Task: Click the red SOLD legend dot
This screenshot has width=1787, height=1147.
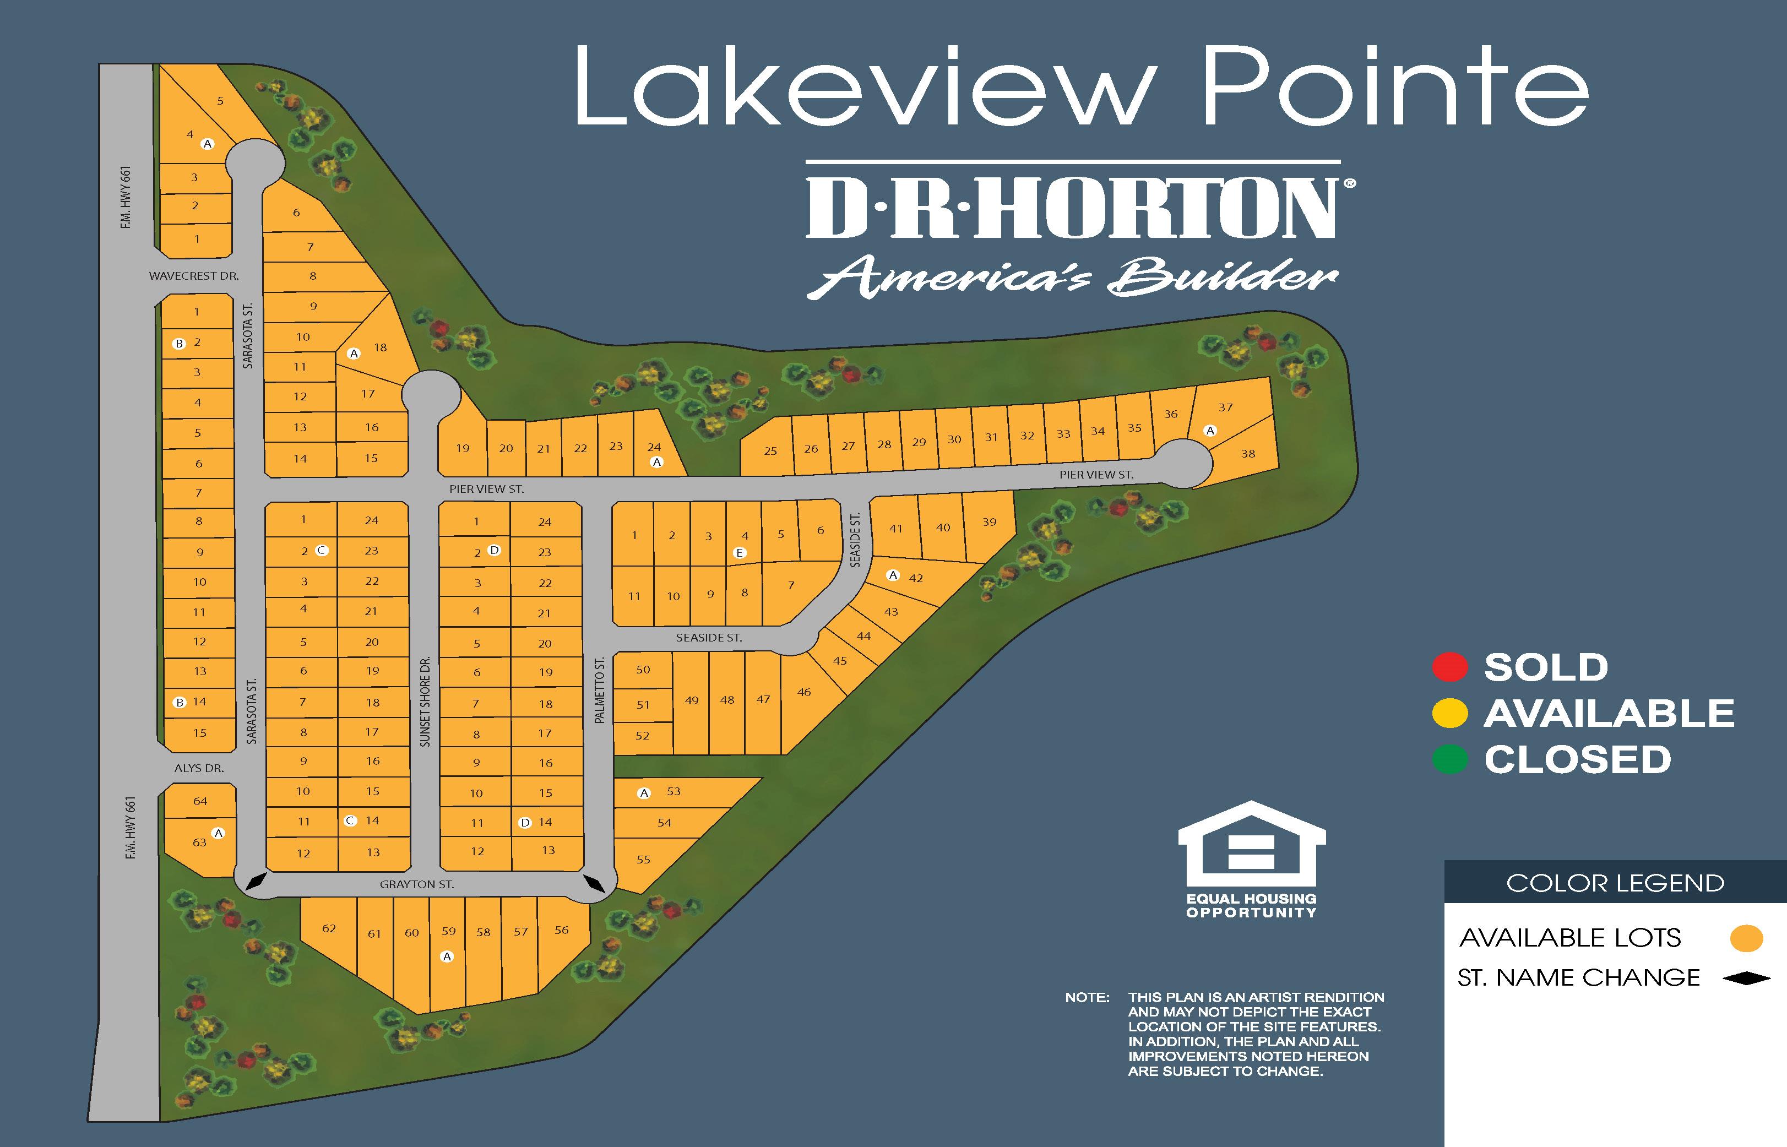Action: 1449,667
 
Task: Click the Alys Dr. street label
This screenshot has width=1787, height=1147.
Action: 199,768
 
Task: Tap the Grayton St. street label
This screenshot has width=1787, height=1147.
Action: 416,885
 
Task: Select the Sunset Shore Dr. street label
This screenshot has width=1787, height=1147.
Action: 425,702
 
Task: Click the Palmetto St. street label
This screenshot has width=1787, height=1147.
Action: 600,690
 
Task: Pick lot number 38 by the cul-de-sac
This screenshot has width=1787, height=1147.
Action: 1248,454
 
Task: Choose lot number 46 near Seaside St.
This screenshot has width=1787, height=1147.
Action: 804,692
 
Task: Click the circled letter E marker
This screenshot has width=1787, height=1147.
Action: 740,553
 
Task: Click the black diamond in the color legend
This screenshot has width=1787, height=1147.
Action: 1747,978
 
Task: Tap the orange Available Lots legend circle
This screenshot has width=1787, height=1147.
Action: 1746,938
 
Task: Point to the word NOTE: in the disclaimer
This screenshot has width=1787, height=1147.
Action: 1087,997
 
